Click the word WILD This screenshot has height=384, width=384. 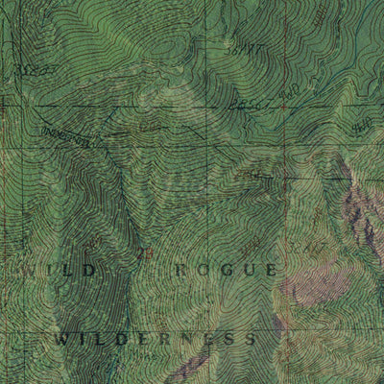[x=60, y=271]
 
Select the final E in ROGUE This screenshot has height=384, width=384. [x=273, y=271]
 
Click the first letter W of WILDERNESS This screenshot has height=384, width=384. [x=61, y=339]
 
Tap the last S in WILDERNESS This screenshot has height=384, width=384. [x=251, y=339]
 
